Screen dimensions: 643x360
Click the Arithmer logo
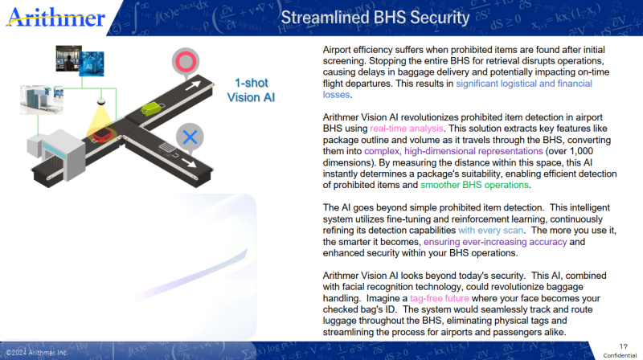[55, 18]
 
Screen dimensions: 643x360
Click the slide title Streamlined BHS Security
[375, 18]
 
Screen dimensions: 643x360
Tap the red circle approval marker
[186, 62]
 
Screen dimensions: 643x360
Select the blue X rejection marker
[190, 137]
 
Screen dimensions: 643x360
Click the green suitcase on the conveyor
[151, 108]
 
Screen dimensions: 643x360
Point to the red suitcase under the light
[102, 135]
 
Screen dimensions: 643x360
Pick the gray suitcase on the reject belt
[167, 149]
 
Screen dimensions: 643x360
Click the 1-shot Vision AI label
[251, 90]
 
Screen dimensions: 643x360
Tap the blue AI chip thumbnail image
[92, 64]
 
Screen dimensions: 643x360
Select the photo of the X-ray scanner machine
[42, 100]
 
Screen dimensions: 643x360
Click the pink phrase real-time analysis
[407, 129]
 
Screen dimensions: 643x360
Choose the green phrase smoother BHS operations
[474, 185]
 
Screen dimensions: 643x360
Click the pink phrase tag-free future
[439, 298]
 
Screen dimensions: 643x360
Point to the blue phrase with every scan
[490, 231]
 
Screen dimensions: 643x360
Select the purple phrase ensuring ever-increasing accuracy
[495, 242]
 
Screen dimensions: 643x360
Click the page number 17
[624, 346]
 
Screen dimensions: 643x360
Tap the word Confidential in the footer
[620, 355]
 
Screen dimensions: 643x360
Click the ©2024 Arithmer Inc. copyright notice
[36, 353]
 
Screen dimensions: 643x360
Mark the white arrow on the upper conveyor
[193, 85]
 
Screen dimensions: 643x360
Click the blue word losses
[336, 95]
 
